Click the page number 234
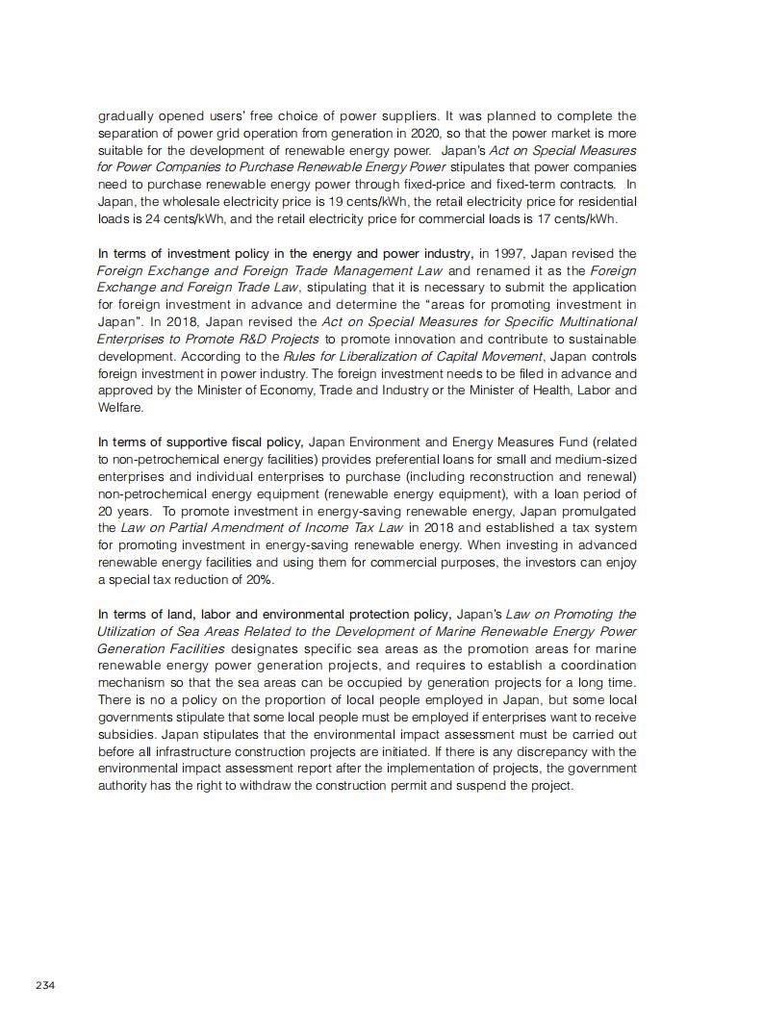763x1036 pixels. coord(45,985)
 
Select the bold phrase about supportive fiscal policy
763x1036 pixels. coord(201,442)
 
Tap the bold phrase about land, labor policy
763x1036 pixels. coord(273,614)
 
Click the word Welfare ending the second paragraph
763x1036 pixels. coord(120,408)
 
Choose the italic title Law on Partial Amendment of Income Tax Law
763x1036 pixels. coord(263,528)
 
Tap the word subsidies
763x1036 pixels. coord(124,734)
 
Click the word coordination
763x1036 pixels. coord(598,666)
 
